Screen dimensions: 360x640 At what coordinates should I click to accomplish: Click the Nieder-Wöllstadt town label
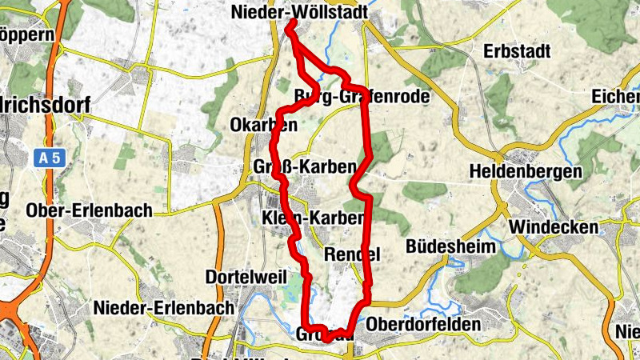[x=298, y=12]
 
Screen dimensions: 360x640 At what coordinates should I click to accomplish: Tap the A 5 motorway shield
[x=49, y=158]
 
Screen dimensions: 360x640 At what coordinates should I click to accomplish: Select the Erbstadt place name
[x=518, y=52]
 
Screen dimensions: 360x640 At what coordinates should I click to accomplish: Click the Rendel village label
[x=351, y=254]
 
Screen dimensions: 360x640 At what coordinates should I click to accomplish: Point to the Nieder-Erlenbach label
[x=164, y=307]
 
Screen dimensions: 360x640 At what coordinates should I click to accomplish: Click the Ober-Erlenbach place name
[x=89, y=210]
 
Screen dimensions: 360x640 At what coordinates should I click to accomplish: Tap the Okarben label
[x=263, y=126]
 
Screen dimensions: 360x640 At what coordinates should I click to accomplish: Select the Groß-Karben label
[x=304, y=167]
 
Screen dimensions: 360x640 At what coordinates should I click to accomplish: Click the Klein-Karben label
[x=313, y=218]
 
